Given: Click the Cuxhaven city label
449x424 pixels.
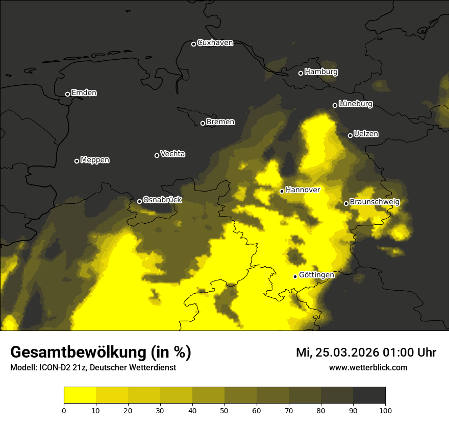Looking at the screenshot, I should [215, 43].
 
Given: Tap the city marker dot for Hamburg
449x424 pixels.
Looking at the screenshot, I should [301, 73].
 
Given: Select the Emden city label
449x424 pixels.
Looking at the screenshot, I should [84, 93].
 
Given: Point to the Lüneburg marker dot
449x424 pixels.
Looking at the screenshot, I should [335, 105].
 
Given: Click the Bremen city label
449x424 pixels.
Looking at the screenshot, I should [220, 122].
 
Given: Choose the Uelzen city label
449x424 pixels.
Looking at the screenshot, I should [366, 134].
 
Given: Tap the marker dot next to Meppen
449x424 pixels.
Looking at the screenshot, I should [77, 161].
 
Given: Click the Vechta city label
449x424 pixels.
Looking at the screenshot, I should [172, 154].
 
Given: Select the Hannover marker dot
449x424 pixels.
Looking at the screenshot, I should [282, 191].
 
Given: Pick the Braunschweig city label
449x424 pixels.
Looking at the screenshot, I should [375, 202].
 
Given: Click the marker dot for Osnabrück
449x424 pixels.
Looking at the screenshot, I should [139, 201].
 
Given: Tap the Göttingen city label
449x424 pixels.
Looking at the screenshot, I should [316, 275].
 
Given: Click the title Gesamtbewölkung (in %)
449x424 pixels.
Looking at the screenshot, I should [101, 352].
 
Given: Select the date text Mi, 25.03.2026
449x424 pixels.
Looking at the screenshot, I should [336, 352].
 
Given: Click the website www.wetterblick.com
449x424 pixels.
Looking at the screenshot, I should [368, 368].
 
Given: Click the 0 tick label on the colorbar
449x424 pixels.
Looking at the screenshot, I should [64, 410].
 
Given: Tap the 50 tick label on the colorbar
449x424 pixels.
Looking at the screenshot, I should [224, 410].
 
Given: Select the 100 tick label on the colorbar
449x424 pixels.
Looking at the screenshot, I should [385, 410].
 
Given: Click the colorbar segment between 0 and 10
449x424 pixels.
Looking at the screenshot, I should [80, 395].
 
